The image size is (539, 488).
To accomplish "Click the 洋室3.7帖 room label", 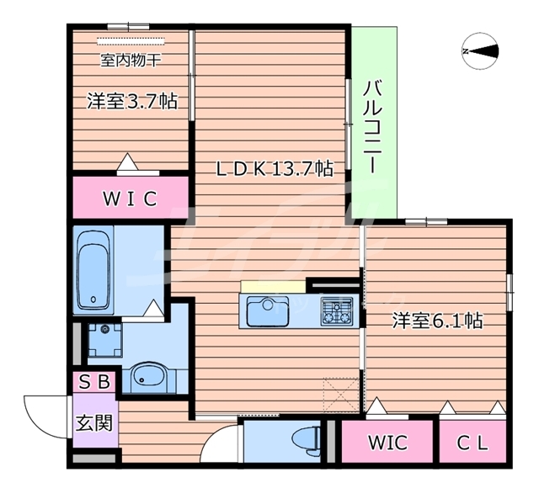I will (131, 102).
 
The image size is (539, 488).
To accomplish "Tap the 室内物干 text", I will (131, 60).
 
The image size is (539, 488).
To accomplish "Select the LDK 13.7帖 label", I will (275, 169).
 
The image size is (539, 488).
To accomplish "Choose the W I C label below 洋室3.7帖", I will (130, 199).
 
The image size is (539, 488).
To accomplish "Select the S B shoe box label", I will (94, 382).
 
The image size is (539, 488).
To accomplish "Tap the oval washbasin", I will (150, 376).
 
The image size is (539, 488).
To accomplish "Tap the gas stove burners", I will (338, 311).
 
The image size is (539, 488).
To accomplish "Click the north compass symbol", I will (481, 52).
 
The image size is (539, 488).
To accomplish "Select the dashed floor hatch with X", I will (341, 391).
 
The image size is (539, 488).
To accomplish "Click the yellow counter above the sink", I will (272, 287).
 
